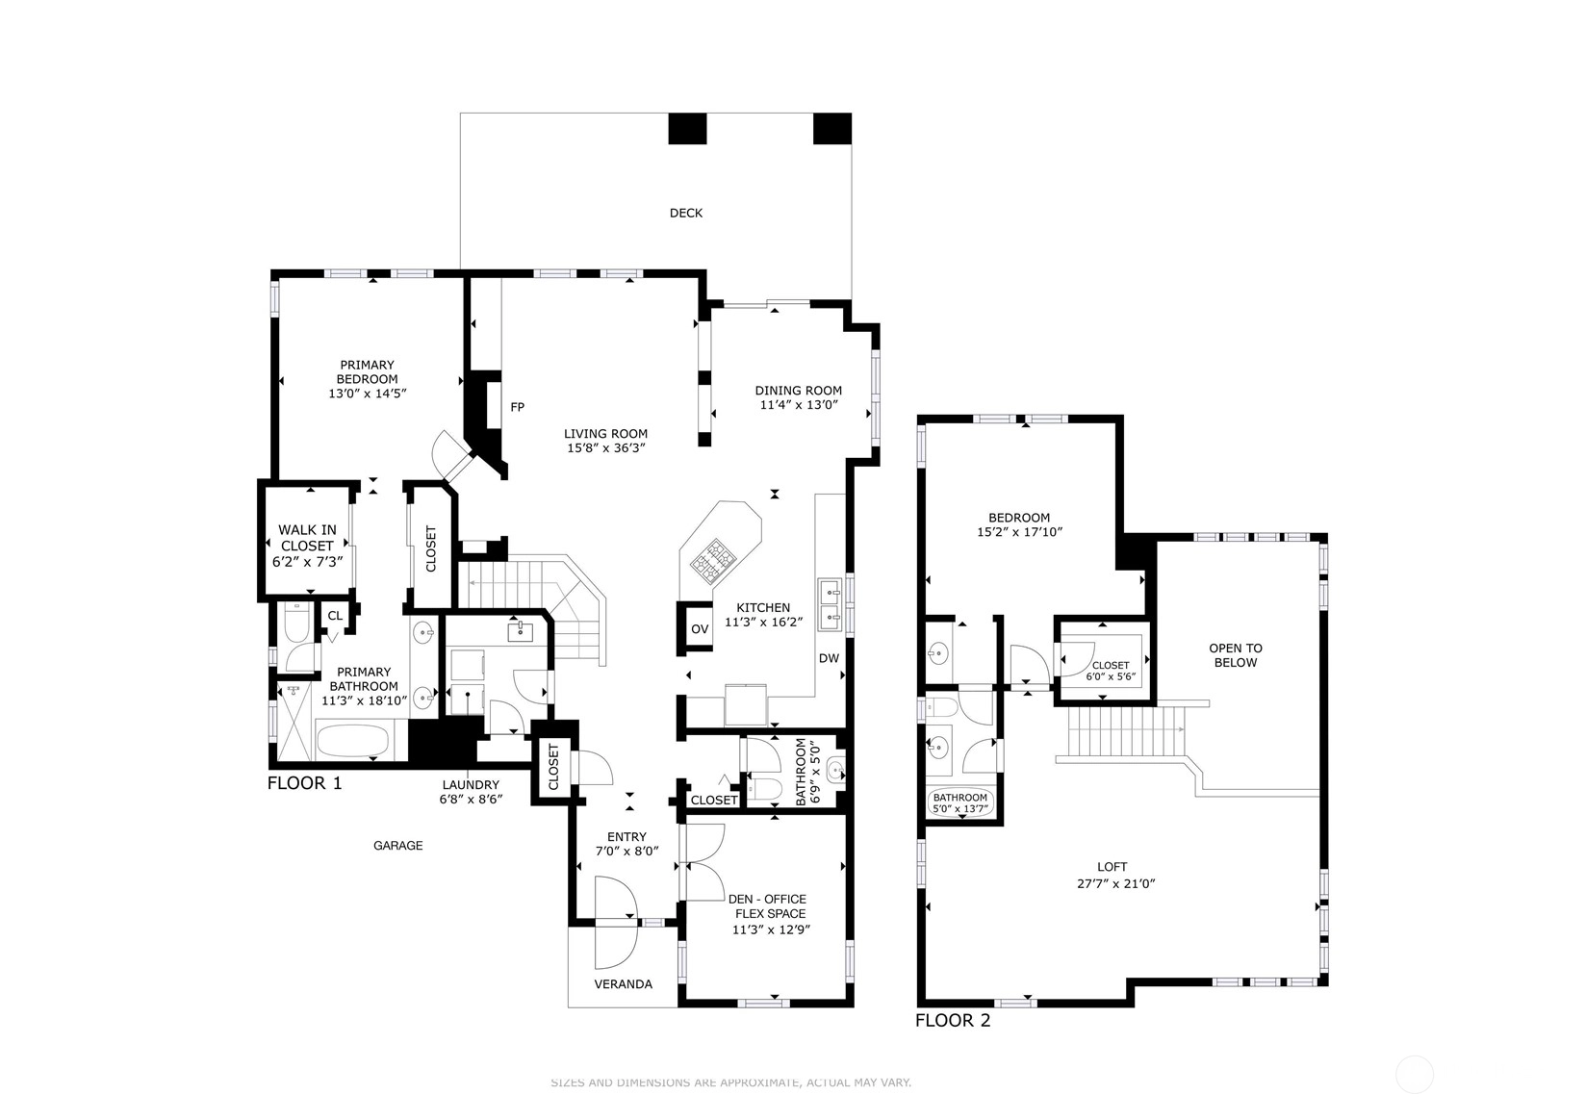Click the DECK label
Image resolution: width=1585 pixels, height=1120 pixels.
[x=685, y=213]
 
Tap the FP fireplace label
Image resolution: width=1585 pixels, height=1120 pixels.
[x=517, y=407]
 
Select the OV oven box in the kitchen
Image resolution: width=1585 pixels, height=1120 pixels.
[x=699, y=629]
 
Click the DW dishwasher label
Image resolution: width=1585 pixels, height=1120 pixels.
[x=829, y=658]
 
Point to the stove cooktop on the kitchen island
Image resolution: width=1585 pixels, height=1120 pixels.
[x=714, y=559]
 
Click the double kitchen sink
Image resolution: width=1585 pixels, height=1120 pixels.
[x=830, y=605]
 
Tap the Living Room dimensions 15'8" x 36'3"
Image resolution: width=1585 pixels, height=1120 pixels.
[x=605, y=447]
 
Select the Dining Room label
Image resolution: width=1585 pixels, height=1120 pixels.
[x=798, y=391]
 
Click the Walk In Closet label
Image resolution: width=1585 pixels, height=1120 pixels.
[x=307, y=538]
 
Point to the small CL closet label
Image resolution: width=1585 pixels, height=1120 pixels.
[x=335, y=616]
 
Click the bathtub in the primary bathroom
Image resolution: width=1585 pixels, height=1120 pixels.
[x=352, y=741]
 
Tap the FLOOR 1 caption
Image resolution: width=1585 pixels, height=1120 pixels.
[x=304, y=783]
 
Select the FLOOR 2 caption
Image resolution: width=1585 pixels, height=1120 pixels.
[x=953, y=1020]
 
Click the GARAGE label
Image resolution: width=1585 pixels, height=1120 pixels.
[x=397, y=846]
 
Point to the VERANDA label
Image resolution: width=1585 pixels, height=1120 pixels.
[x=623, y=984]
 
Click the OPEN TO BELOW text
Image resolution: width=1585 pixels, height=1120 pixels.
[x=1236, y=655]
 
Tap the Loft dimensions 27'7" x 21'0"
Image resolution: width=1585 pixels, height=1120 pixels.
[x=1116, y=883]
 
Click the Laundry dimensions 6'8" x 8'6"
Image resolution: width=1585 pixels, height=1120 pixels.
[x=471, y=800]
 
